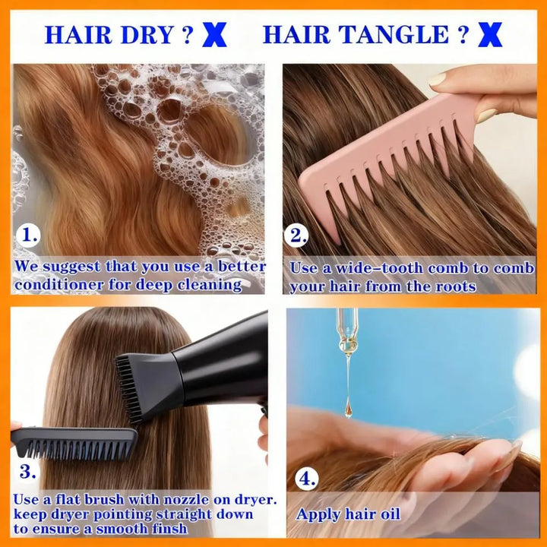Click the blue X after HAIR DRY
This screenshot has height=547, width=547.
(x=214, y=35)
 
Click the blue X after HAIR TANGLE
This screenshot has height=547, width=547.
(x=490, y=35)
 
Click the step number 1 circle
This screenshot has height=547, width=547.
(x=28, y=235)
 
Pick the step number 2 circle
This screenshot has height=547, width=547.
(x=296, y=235)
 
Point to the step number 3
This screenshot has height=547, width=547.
(x=27, y=472)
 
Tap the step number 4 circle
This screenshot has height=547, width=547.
(x=307, y=479)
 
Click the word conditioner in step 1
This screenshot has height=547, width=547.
(x=59, y=284)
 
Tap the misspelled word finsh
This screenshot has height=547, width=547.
(x=169, y=529)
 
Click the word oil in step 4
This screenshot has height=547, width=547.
(x=390, y=514)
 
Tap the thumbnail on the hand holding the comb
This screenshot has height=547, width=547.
(x=438, y=79)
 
